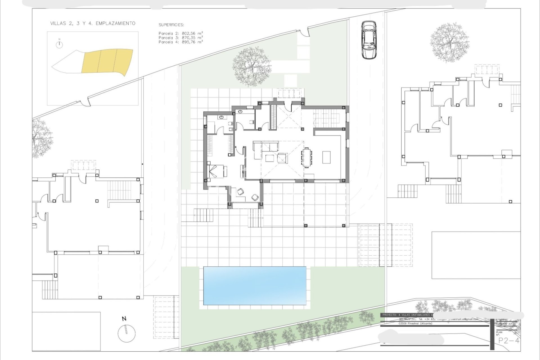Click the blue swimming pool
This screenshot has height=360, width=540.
coord(255,285)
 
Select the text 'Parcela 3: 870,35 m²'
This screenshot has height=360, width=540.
coord(181,37)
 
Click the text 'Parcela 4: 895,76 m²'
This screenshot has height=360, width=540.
coord(181,42)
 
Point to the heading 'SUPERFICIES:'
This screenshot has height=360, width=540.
coord(171,25)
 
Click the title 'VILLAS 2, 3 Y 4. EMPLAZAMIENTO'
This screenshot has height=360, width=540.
coord(93,23)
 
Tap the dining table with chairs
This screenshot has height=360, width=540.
coord(307,157)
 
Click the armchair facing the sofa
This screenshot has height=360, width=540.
coord(282,158)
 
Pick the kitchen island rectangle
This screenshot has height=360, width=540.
coord(326,157)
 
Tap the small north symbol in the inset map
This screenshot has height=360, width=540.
coord(59,44)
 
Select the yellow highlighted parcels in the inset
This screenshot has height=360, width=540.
coord(107,60)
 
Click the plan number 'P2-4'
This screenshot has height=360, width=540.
coord(508,341)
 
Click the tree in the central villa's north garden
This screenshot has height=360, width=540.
coord(252,67)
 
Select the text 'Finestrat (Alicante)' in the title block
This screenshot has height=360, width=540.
coord(419,323)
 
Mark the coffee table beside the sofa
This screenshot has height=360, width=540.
coord(269,158)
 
